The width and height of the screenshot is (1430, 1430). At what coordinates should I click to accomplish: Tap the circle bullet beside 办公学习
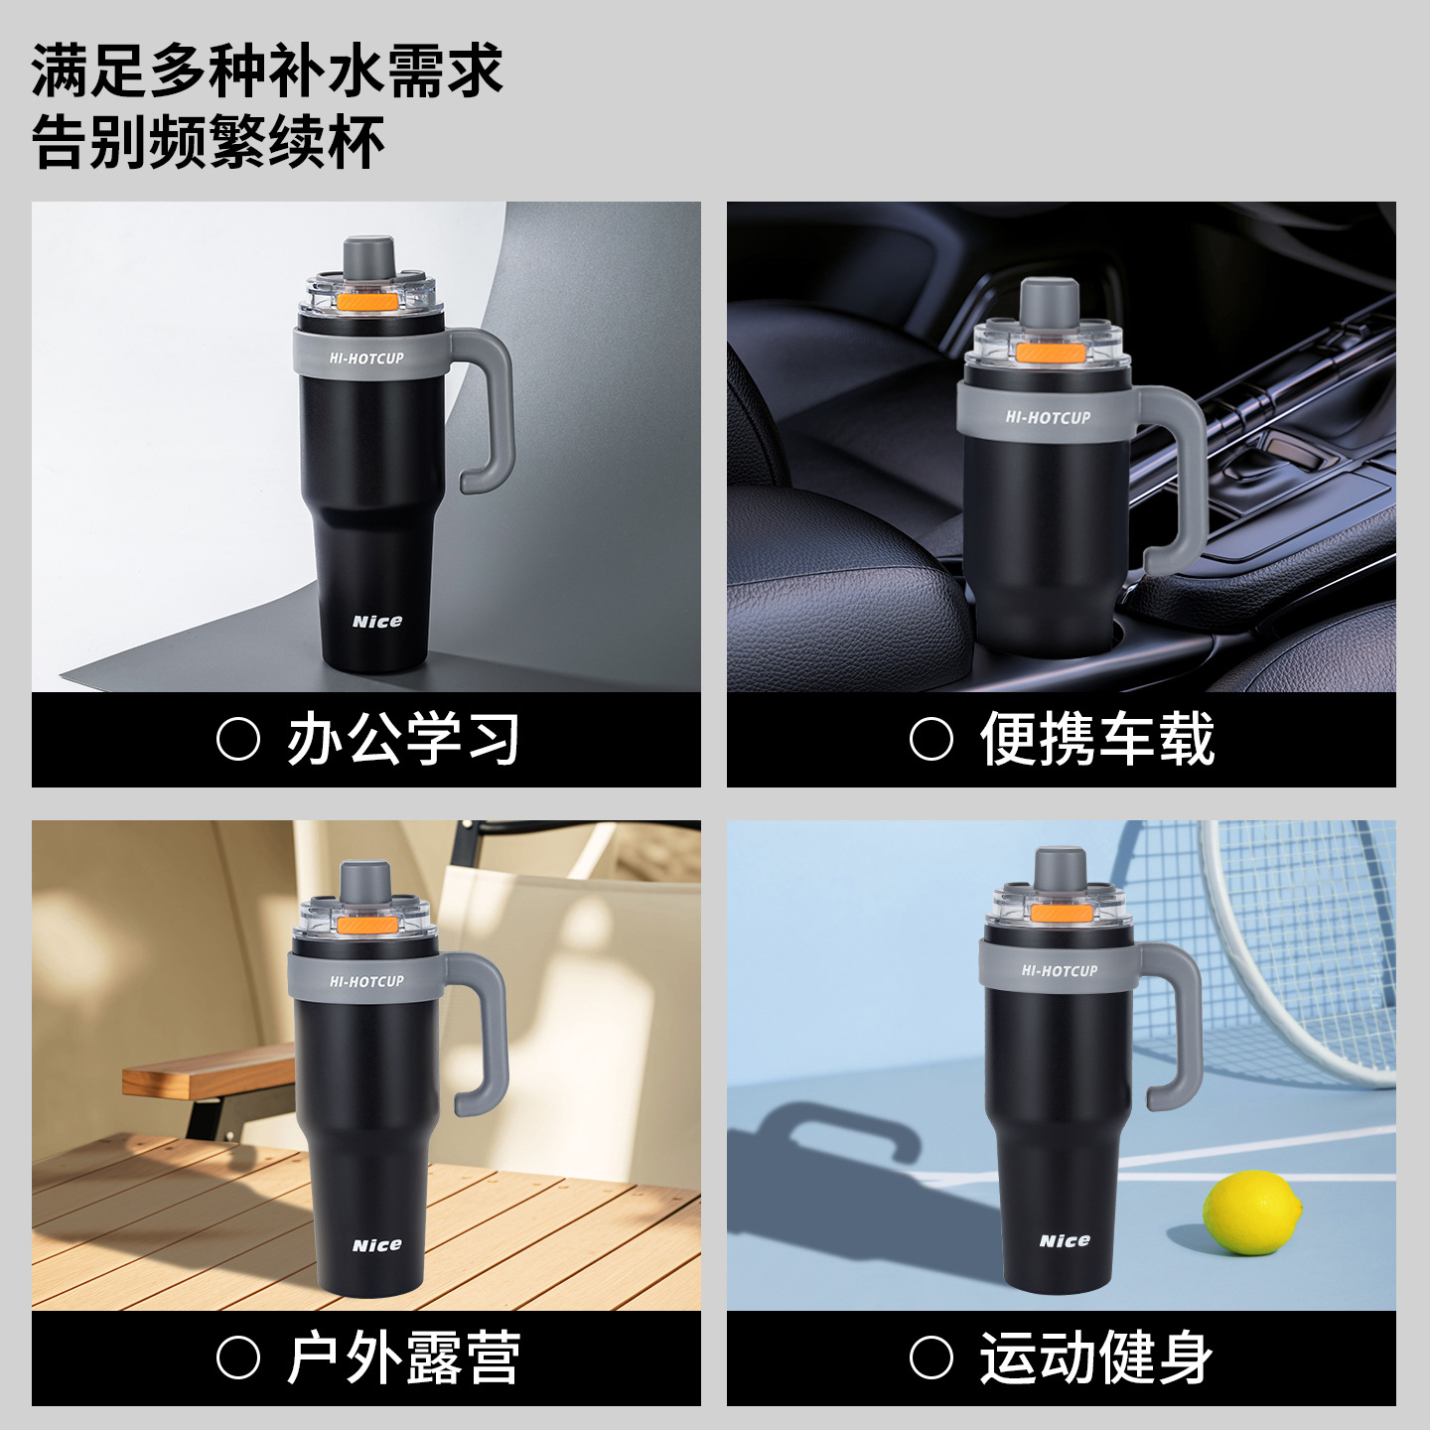(x=238, y=739)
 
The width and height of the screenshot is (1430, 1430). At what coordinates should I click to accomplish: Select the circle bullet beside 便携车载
(x=930, y=739)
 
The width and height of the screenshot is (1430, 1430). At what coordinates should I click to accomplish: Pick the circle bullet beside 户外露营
(x=238, y=1358)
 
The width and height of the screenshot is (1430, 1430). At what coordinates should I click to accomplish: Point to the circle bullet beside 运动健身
(x=930, y=1358)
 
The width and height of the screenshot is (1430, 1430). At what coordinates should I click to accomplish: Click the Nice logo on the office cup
(x=377, y=621)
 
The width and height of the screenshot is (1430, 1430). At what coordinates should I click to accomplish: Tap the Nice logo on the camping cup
(x=377, y=1245)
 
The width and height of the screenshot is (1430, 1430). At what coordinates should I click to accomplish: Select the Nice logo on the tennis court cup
(x=1065, y=1240)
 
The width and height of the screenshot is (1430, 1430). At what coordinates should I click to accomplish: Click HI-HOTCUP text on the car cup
(x=1049, y=417)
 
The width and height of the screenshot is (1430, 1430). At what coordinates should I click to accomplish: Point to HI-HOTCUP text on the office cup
(x=366, y=358)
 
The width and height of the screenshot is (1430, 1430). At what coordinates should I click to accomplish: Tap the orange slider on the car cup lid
(x=1048, y=354)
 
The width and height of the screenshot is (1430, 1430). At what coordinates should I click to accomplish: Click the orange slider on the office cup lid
(x=365, y=302)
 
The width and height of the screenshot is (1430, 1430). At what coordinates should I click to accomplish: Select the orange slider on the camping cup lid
(x=365, y=925)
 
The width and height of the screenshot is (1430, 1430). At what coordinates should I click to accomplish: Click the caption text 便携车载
(x=1096, y=739)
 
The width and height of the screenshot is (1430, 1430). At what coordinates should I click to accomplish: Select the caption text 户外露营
(x=404, y=1358)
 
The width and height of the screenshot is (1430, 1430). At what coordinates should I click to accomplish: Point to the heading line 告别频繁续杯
(x=209, y=141)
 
